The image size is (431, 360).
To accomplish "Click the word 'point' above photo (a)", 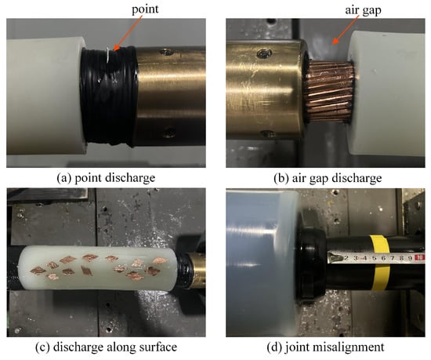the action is click(145, 9).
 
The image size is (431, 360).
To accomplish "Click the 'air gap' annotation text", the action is click(363, 10).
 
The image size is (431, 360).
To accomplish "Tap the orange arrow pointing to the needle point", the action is click(128, 33).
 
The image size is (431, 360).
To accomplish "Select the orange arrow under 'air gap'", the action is click(346, 30).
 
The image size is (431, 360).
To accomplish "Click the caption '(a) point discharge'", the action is click(106, 178).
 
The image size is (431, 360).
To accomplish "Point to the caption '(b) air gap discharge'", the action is click(328, 178).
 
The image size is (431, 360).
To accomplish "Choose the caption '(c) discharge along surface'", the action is click(106, 347).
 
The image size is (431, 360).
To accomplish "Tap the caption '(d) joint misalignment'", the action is click(325, 347).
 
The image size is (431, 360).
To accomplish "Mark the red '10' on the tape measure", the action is click(420, 258).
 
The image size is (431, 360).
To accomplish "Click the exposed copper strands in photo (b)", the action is click(328, 92).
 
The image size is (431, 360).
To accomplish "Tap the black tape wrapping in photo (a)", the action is click(109, 96).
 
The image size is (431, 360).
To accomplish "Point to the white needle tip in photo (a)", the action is click(108, 54).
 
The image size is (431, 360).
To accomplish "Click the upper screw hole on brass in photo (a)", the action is click(166, 52).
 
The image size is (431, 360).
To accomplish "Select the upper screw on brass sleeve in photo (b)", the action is click(265, 53).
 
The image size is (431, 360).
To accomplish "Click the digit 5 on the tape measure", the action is click(374, 258).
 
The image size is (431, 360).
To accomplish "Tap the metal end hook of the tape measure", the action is click(335, 257).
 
